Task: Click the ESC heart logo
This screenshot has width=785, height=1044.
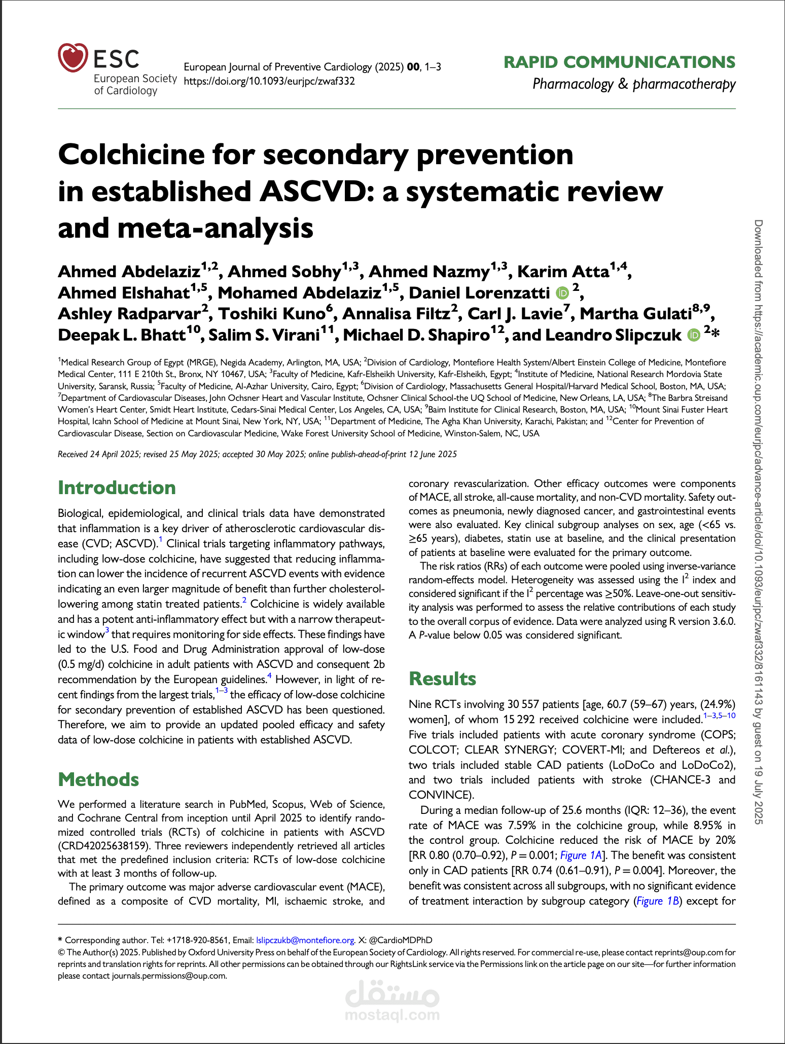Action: (73, 58)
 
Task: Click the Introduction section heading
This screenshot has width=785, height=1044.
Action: (117, 488)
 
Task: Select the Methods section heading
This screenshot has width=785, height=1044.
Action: (98, 779)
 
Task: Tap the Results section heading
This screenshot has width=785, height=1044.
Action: (442, 679)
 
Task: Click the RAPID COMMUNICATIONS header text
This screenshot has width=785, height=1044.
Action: (619, 62)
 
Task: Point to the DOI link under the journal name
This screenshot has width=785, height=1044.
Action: (269, 81)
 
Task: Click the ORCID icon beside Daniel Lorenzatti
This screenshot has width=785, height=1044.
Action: (562, 293)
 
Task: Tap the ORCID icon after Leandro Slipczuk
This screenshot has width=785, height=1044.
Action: (693, 335)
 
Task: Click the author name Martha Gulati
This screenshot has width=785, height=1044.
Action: (636, 314)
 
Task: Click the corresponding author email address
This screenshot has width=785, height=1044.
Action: (305, 940)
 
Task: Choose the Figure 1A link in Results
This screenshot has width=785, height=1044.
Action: (581, 855)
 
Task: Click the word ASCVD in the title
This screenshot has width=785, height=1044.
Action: (313, 192)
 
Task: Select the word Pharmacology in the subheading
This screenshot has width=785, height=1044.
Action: (573, 84)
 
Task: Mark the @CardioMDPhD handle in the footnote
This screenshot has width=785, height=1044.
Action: (401, 940)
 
